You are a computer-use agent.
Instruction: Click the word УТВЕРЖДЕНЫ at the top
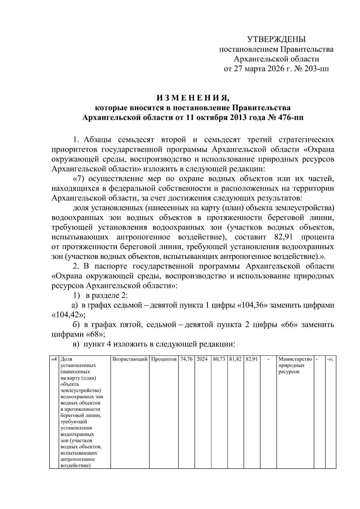[x=276, y=39]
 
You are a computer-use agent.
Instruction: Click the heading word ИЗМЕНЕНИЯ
[x=193, y=98]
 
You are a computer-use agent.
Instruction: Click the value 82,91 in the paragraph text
[x=283, y=237]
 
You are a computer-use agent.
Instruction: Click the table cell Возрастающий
[x=130, y=359]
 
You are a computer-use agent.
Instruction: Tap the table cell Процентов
[x=164, y=359]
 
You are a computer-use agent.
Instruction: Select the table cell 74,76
[x=186, y=359]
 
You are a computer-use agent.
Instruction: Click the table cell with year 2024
[x=202, y=359]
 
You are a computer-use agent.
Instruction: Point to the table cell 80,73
[x=219, y=359]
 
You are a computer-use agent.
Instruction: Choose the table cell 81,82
[x=235, y=359]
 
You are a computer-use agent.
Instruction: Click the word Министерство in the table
[x=295, y=359]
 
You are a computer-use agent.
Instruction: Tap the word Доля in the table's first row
[x=66, y=359]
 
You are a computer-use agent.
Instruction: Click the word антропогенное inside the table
[x=78, y=459]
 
